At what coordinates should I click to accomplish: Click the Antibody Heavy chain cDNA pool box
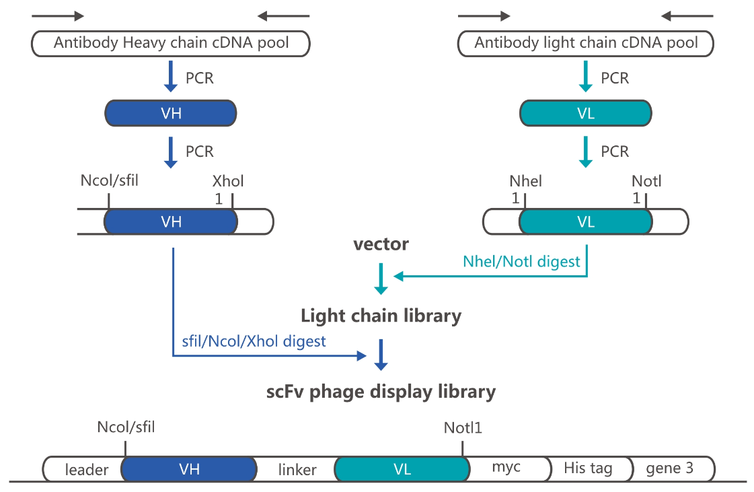171,43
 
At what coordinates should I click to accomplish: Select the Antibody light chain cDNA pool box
586,43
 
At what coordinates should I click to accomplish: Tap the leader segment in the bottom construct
84,469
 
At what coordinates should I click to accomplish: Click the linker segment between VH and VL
296,469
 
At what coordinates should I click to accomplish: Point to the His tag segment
590,468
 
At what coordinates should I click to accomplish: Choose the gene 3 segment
672,468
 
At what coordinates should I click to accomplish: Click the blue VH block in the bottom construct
189,469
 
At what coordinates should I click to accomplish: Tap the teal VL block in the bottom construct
402,469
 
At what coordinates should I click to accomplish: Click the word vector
381,244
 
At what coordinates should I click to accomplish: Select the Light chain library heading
381,316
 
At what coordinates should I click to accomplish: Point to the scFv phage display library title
381,392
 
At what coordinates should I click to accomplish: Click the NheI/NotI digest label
521,261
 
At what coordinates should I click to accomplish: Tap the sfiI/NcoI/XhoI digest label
254,341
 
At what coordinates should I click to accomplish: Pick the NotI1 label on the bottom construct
463,427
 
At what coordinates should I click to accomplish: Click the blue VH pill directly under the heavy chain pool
171,113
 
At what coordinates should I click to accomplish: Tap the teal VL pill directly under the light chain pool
586,113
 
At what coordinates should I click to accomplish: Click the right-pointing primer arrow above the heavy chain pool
58,16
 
